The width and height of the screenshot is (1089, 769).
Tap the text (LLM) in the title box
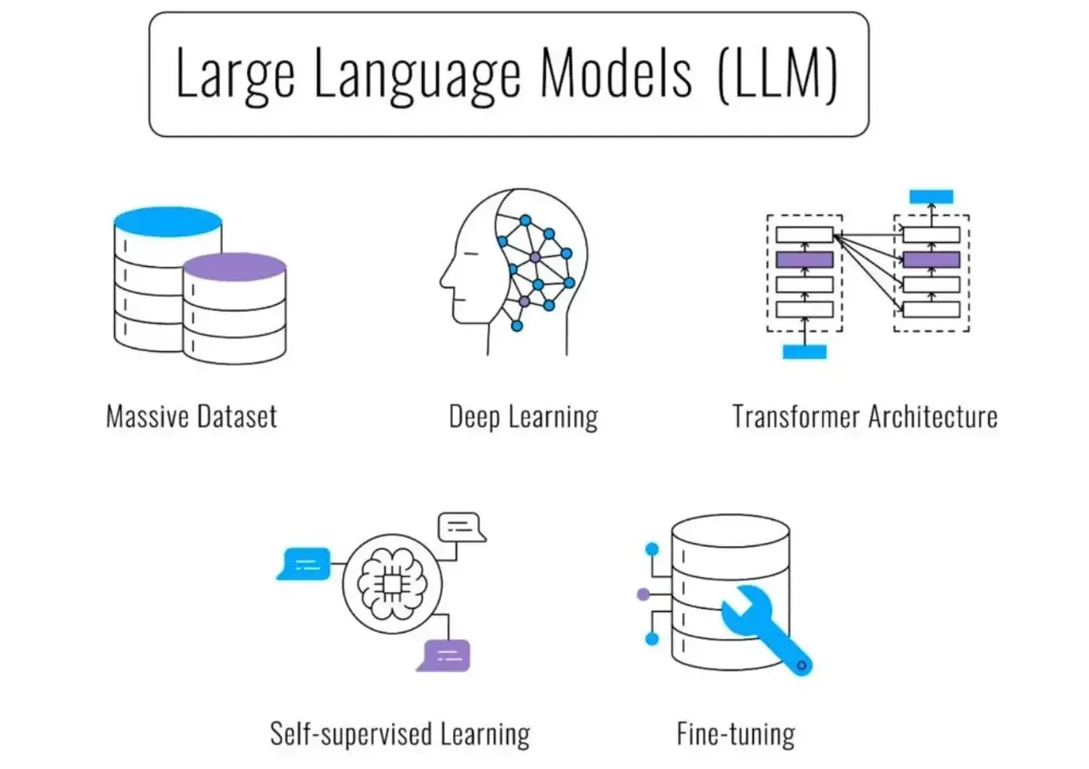(x=778, y=75)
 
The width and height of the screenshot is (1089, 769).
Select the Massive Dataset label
(x=192, y=417)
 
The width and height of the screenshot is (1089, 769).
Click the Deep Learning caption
(x=524, y=417)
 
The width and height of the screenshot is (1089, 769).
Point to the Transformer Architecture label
(x=865, y=417)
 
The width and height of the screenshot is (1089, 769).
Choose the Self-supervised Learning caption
(x=400, y=734)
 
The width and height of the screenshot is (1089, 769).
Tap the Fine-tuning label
(x=736, y=734)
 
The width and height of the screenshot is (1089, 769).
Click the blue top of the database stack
(x=168, y=221)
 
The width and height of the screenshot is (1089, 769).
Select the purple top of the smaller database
(x=235, y=267)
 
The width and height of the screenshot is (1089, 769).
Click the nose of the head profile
(x=443, y=281)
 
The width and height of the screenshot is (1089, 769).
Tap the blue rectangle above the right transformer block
(x=932, y=196)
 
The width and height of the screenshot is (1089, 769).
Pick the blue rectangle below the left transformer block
(x=804, y=352)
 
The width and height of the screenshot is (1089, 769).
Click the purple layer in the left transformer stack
(x=804, y=260)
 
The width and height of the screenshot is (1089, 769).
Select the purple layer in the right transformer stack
(x=932, y=260)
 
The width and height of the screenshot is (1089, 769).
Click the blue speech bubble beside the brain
(x=305, y=564)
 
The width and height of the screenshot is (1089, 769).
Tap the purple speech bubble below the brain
(x=445, y=656)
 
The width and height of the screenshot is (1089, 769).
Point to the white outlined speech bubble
(x=461, y=527)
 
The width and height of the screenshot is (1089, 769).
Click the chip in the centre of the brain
(x=392, y=585)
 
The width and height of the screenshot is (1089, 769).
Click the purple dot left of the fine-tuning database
(x=643, y=594)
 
